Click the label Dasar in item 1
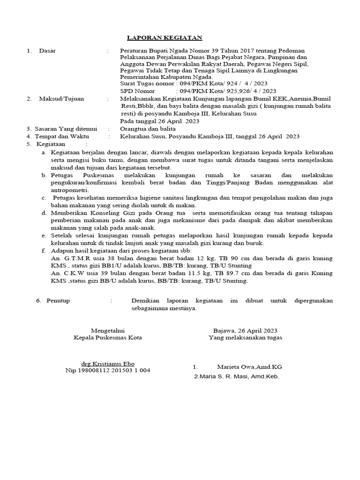click(47, 51)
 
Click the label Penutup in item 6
click(58, 300)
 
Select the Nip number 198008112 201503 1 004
click(108, 370)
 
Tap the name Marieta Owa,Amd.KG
click(249, 367)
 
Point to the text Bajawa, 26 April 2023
click(245, 330)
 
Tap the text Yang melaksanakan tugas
click(245, 337)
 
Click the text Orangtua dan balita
click(148, 128)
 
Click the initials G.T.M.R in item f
click(75, 258)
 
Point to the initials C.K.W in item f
click(72, 273)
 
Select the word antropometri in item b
click(69, 191)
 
